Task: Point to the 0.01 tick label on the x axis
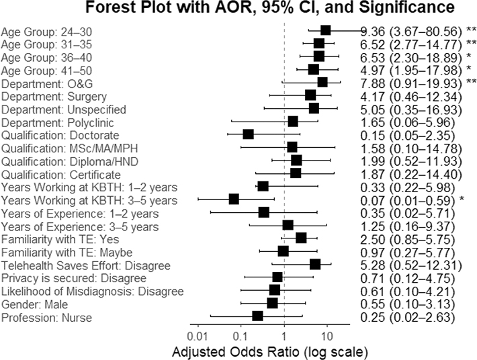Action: (197, 334)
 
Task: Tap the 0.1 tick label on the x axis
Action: (240, 334)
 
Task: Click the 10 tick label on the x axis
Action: (327, 334)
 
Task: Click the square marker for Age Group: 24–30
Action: (326, 30)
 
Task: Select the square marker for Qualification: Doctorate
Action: (248, 134)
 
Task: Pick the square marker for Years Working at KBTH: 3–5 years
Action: (234, 199)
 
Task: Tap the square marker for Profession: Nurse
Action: (257, 316)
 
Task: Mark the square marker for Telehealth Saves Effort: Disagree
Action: (315, 264)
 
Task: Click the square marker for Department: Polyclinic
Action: (293, 122)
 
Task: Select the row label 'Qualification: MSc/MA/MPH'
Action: (69, 148)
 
